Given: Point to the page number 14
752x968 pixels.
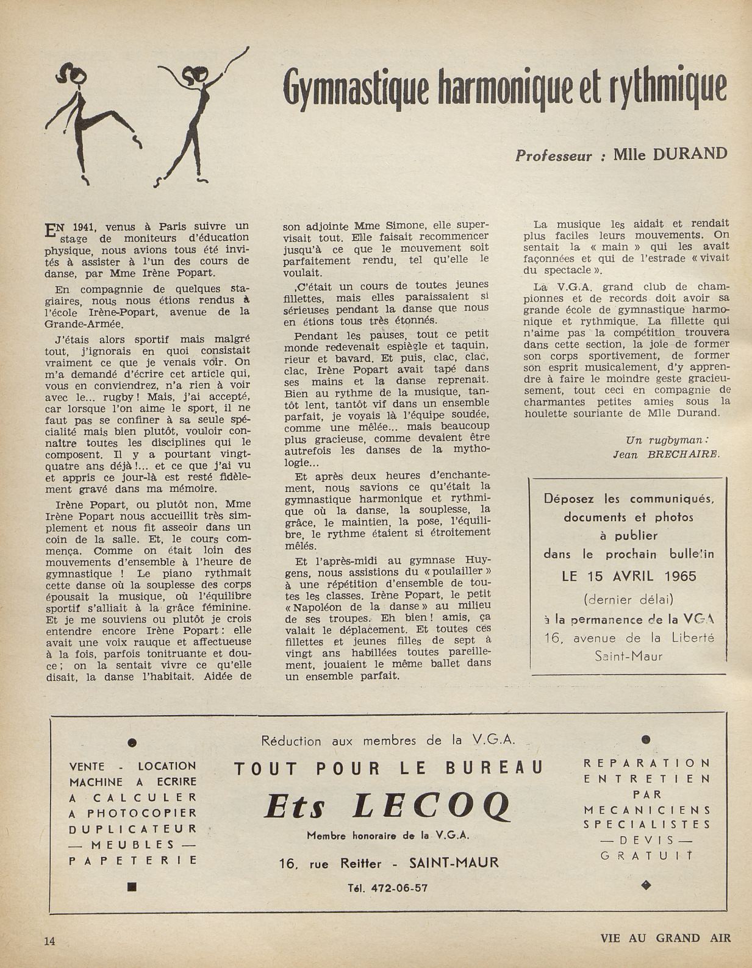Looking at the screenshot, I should (49, 941).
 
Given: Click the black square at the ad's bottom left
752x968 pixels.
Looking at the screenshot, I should (132, 887).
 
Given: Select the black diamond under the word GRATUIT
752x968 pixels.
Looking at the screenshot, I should (647, 883).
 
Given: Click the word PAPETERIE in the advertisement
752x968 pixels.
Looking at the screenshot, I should (134, 860).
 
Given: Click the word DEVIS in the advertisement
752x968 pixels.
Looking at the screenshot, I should (647, 839).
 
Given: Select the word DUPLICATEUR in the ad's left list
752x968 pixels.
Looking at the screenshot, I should (134, 828).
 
